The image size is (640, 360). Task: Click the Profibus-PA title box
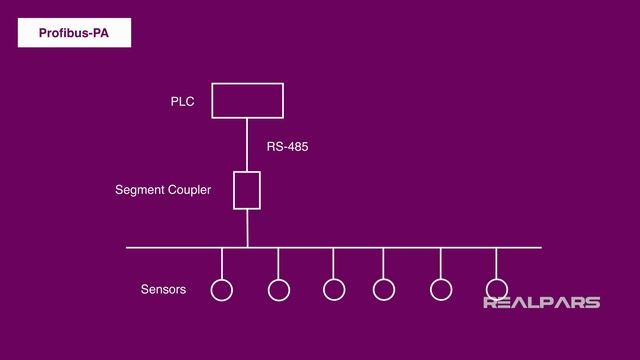(x=74, y=33)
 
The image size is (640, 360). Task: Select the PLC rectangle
(x=247, y=100)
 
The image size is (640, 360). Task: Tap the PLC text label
(x=182, y=101)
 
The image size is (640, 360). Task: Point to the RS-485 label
(x=287, y=146)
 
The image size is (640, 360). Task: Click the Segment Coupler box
(x=247, y=190)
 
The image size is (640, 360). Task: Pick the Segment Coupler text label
(x=163, y=189)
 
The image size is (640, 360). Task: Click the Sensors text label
(x=163, y=290)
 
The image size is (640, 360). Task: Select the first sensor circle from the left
(x=221, y=290)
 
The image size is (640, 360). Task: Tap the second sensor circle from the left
(x=279, y=290)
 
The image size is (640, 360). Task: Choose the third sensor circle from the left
(x=334, y=290)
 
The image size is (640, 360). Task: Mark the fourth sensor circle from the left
(x=384, y=290)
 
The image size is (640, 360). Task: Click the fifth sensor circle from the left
(x=441, y=290)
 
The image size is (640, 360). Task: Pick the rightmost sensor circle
(x=496, y=290)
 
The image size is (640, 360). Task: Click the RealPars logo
(x=541, y=302)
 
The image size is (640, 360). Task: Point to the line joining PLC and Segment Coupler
(x=247, y=144)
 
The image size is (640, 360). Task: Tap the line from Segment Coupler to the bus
(x=247, y=228)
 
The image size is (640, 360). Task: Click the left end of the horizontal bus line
(x=129, y=247)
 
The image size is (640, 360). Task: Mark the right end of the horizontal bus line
(x=539, y=247)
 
